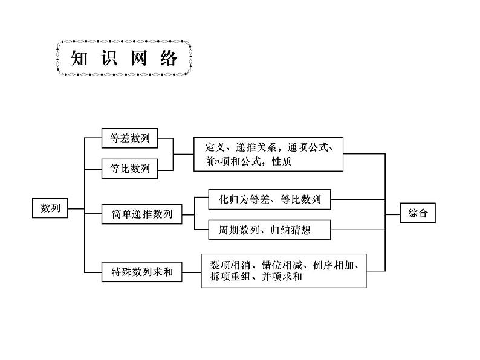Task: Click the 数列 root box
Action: click(50, 208)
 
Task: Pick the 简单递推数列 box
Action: click(142, 214)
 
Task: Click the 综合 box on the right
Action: click(418, 213)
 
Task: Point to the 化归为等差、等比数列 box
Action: click(269, 199)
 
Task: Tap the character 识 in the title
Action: click(112, 59)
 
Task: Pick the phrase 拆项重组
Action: click(225, 277)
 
